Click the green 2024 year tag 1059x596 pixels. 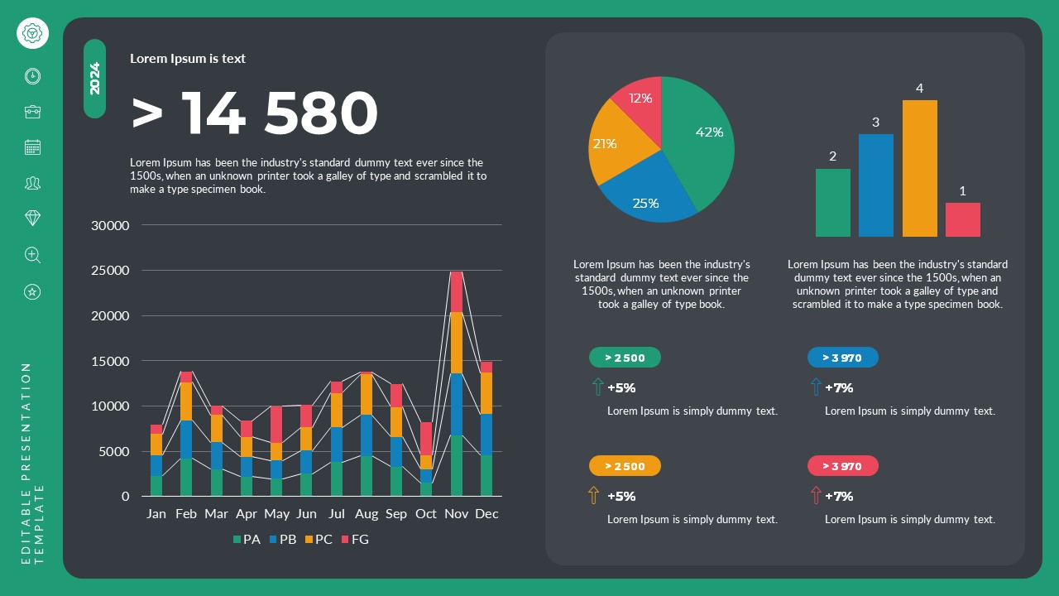pyautogui.click(x=94, y=79)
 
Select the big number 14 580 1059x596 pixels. pyautogui.click(x=254, y=113)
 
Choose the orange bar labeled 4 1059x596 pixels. pyautogui.click(x=919, y=168)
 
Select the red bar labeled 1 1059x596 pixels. pyautogui.click(x=962, y=219)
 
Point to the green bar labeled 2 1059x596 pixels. pyautogui.click(x=832, y=203)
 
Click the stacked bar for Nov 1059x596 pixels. pyautogui.click(x=456, y=384)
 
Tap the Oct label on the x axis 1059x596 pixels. pyautogui.click(x=426, y=514)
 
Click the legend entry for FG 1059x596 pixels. pyautogui.click(x=355, y=540)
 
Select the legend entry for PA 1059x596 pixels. pyautogui.click(x=247, y=540)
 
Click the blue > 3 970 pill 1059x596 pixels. pyautogui.click(x=842, y=358)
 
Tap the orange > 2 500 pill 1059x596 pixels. pyautogui.click(x=625, y=466)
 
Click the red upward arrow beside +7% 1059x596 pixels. pyautogui.click(x=816, y=496)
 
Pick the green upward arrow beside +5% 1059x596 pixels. pyautogui.click(x=597, y=387)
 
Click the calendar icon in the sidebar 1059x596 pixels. pyautogui.click(x=32, y=147)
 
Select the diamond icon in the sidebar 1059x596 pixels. pyautogui.click(x=32, y=219)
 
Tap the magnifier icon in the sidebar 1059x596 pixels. pyautogui.click(x=32, y=255)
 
